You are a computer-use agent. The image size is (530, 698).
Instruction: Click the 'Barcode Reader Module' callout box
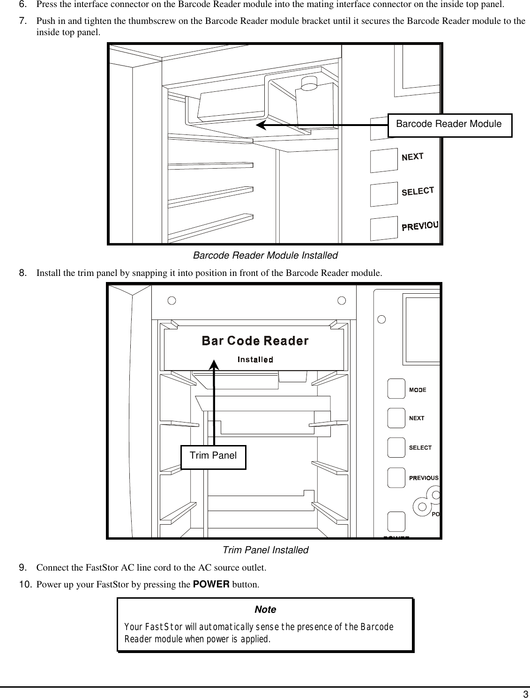(x=449, y=125)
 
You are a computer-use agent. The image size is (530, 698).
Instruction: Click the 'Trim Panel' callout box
(x=213, y=456)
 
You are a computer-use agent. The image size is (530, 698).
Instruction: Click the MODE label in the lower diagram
(x=418, y=390)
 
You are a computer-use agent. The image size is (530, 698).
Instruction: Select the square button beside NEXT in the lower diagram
(x=396, y=418)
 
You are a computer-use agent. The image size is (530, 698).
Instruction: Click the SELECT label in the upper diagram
(x=418, y=191)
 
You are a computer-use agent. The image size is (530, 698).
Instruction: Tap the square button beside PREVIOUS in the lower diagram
(x=396, y=477)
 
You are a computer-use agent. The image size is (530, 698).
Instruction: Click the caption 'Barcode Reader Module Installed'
(x=265, y=256)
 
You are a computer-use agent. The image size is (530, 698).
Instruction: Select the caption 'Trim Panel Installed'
(x=265, y=550)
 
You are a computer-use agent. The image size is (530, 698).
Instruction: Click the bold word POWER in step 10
(x=211, y=585)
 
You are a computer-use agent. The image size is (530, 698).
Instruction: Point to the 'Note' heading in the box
(x=265, y=609)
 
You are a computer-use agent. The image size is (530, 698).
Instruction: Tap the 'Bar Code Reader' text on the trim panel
(x=255, y=341)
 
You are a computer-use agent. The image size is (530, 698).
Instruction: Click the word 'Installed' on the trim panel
(x=255, y=359)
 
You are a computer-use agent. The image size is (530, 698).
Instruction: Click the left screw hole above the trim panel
(x=172, y=300)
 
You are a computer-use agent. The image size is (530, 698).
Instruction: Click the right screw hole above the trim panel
(x=342, y=300)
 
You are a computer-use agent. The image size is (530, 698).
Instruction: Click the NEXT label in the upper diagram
(x=412, y=157)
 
